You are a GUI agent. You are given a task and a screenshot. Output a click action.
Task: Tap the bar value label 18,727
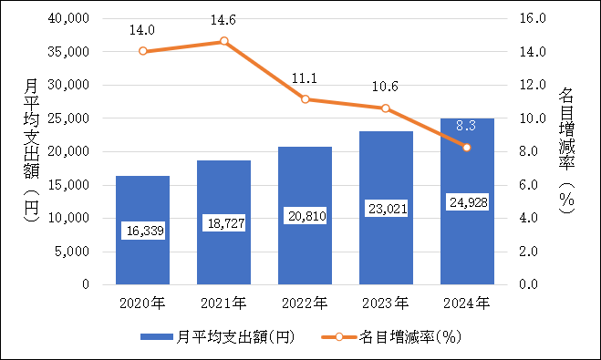coord(223,224)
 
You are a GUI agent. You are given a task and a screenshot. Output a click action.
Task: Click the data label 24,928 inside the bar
coord(467,201)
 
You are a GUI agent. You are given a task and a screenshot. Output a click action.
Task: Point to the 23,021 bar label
coord(386,209)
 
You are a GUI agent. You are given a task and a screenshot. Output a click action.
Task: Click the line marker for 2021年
coord(223,41)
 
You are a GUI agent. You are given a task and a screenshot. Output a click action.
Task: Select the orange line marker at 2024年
coord(467,147)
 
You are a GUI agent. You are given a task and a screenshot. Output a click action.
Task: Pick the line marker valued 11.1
coord(305,99)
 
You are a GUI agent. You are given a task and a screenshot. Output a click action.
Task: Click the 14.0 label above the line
coord(142,28)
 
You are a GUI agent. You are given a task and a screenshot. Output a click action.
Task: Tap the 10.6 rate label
coord(386,87)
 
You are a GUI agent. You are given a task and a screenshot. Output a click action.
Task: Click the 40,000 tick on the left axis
coord(69,18)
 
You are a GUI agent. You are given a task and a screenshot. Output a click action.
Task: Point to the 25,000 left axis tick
coord(69,118)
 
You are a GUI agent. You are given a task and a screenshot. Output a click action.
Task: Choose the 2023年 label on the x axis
coord(386,302)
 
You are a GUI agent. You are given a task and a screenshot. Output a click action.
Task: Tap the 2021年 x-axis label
coord(223,302)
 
